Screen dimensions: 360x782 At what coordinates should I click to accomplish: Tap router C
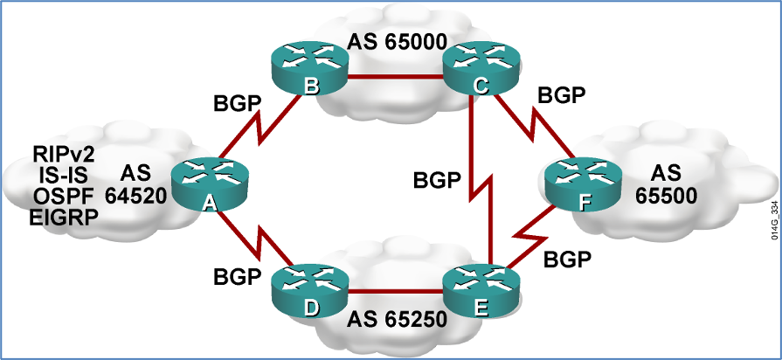pos(479,66)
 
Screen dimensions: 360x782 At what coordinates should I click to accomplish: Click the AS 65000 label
pos(398,41)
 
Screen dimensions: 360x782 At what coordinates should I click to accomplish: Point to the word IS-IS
pos(58,174)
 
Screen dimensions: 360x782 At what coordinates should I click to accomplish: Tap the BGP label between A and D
pos(237,278)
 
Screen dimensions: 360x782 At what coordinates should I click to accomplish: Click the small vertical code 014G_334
pos(773,218)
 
